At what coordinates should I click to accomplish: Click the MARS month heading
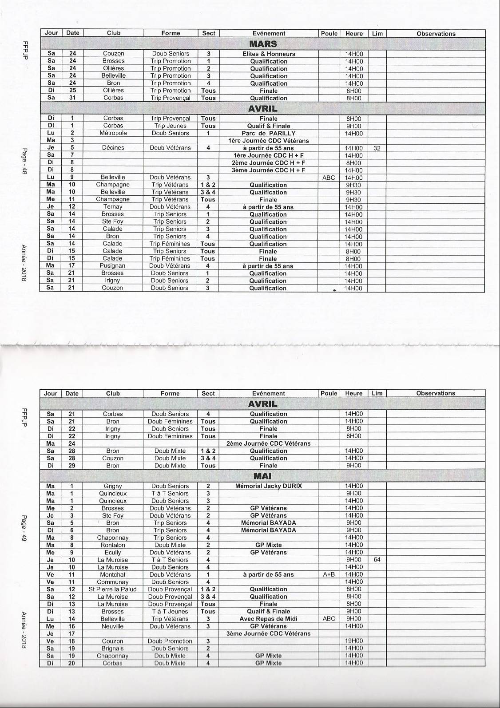pos(263,44)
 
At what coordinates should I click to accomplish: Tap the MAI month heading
pos(262,476)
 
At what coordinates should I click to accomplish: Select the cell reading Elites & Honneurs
pos(269,54)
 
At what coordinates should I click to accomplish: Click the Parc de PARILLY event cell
pos(269,133)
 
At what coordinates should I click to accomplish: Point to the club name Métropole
pos(113,133)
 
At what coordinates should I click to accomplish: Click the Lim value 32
pos(377,148)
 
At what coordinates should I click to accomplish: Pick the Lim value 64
pos(377,560)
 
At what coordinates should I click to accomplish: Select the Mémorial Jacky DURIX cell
pos(268,486)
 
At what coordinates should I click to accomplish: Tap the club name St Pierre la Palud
pos(113,589)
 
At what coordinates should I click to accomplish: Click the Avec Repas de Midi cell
pos(268,619)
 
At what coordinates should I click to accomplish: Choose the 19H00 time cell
pos(354,641)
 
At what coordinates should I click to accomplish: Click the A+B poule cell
pos(329,574)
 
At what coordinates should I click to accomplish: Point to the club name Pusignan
pos(113,266)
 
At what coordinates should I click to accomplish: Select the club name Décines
pos(113,148)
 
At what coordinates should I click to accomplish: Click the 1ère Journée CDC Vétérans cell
pos(269,141)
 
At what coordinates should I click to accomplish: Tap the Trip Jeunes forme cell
pos(170,126)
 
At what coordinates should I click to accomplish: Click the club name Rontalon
pos(113,545)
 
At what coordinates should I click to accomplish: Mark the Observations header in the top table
pos(436,34)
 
